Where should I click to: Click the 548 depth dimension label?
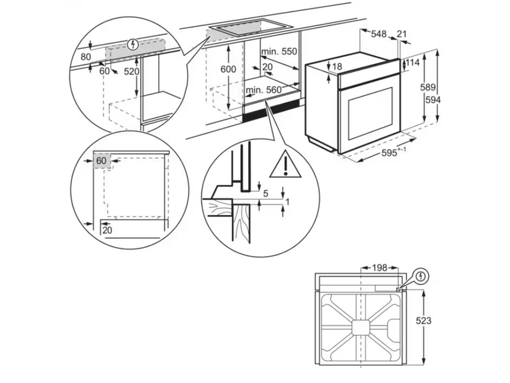[379, 34]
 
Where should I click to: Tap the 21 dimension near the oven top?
[402, 34]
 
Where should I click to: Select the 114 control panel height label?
[413, 63]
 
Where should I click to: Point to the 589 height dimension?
[428, 87]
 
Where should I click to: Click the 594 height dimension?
[433, 100]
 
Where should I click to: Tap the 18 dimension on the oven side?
[338, 66]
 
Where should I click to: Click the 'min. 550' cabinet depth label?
[279, 51]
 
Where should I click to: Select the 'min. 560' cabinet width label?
[264, 89]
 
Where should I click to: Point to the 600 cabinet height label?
[228, 69]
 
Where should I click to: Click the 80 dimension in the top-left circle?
[85, 57]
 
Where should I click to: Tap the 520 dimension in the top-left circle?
[132, 71]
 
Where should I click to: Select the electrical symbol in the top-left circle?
[133, 44]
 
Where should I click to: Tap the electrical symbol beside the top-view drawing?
[422, 276]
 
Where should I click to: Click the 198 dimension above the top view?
[379, 267]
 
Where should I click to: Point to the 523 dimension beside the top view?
[424, 320]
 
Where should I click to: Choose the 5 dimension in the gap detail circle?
[265, 194]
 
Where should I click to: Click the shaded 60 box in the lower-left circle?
[102, 161]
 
